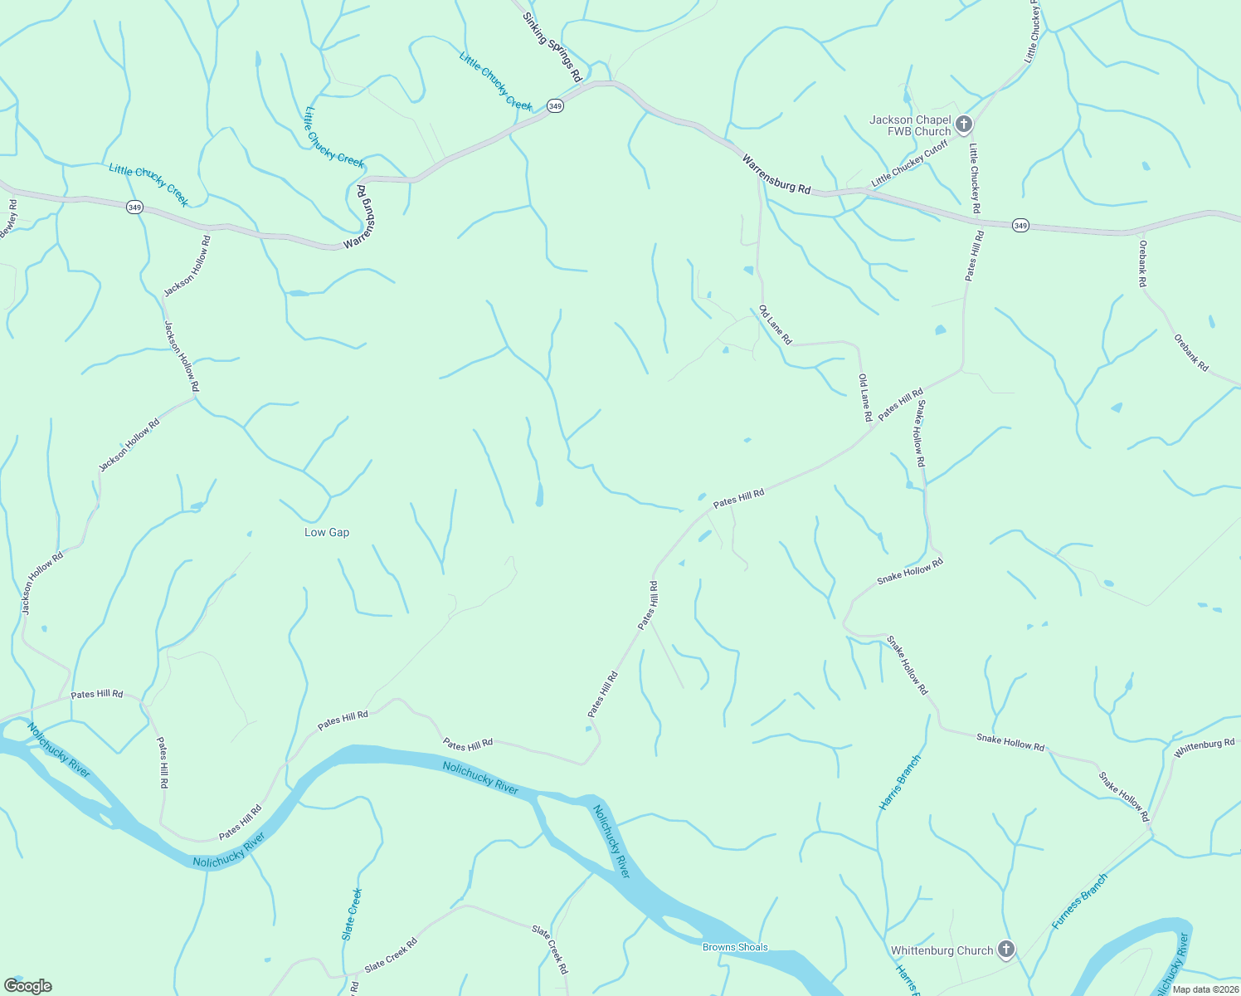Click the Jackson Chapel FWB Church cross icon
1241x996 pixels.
pos(963,124)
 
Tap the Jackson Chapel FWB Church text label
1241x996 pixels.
pos(910,125)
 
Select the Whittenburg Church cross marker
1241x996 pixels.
pos(1006,950)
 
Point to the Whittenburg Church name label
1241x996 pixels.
pos(942,950)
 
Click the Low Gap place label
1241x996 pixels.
pos(327,532)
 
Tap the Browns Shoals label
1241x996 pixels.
pos(735,947)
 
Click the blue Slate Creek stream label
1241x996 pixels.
pos(353,914)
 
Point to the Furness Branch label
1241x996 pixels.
pos(1079,901)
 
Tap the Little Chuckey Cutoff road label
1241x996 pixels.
pos(909,164)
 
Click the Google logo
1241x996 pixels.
pos(28,986)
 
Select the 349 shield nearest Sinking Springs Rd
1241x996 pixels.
pos(555,106)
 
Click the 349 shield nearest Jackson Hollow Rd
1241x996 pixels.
pos(134,207)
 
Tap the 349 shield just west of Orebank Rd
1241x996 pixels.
pos(1020,226)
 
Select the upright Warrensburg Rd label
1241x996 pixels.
pos(776,174)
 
